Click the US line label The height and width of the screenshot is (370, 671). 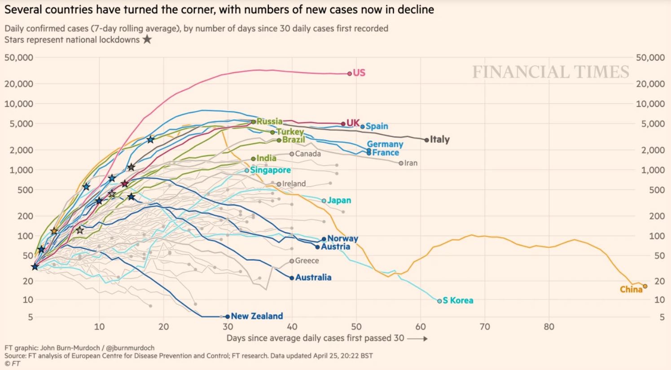point(359,73)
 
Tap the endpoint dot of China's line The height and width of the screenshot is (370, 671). point(645,286)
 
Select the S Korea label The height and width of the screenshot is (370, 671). point(458,300)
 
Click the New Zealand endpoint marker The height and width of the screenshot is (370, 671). point(227,317)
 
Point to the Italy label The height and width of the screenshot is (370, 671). point(439,140)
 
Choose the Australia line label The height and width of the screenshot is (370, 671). point(313,277)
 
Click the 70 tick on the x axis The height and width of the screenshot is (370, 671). point(485,327)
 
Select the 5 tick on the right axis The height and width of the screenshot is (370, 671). point(662,317)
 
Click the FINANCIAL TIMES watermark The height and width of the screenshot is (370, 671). point(551,72)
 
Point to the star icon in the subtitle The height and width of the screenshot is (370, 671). point(147,40)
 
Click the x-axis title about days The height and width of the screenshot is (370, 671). point(315,338)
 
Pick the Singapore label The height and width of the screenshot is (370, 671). point(270,170)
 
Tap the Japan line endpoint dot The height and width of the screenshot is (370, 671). point(324,201)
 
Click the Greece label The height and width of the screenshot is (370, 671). point(307,261)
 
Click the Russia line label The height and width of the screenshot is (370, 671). point(269,121)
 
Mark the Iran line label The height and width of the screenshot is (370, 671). point(411,163)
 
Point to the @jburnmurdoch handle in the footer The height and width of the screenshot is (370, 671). point(130,348)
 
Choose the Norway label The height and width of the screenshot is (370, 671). point(342,239)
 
